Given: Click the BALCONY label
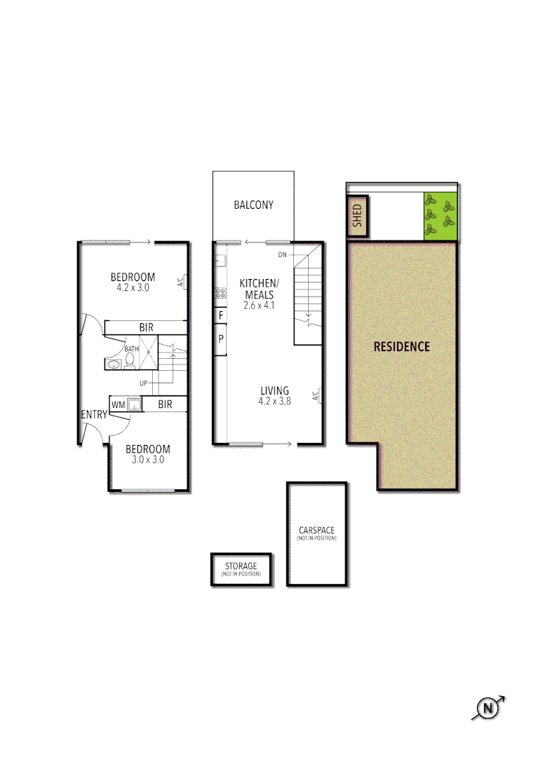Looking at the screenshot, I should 253,205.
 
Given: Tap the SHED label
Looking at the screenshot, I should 357,216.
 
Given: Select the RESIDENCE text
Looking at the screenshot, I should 401,346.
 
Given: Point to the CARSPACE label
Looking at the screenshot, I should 316,531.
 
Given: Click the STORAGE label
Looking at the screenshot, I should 241,566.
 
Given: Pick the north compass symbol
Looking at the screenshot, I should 488,709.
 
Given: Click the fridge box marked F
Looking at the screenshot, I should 221,316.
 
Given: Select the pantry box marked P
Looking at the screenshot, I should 221,338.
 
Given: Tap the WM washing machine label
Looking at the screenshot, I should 118,404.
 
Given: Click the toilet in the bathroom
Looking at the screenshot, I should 130,360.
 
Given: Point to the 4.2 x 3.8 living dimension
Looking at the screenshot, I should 274,402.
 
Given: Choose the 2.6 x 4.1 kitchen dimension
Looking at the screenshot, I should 259,306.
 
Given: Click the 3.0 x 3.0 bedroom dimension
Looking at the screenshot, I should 147,460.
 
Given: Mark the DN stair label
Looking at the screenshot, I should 283,254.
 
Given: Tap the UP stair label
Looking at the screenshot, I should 143,383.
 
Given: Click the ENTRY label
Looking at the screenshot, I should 94,415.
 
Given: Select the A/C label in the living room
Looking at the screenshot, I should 318,396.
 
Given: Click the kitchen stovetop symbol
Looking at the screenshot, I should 220,293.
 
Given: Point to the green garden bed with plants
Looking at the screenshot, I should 440,216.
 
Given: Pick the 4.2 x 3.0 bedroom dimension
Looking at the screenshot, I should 133,287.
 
